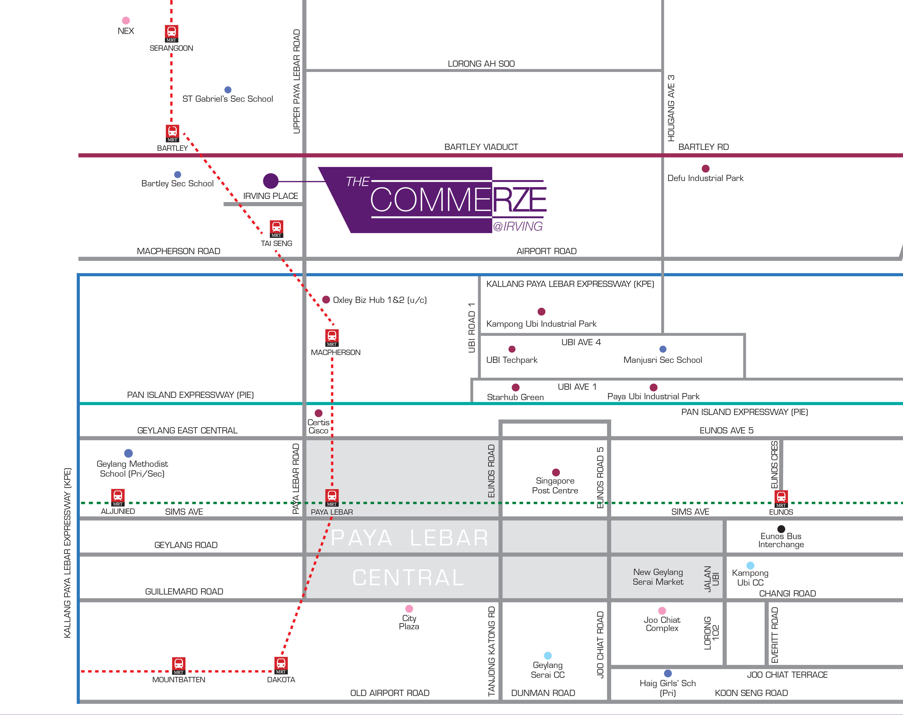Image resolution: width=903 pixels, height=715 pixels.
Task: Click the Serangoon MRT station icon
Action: (x=171, y=33)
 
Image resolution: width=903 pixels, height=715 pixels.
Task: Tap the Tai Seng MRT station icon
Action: (x=276, y=229)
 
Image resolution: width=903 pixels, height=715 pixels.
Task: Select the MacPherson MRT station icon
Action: (x=332, y=337)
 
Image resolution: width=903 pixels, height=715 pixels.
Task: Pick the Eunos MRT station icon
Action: (x=781, y=498)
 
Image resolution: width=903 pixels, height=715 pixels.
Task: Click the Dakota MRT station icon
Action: (x=281, y=665)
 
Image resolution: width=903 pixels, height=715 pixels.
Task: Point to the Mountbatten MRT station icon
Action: (x=179, y=665)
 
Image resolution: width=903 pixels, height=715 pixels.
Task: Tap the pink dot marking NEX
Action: (x=125, y=20)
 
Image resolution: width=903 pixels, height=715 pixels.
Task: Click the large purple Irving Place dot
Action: (x=271, y=181)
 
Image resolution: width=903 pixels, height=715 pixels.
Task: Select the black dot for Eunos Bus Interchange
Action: (x=781, y=529)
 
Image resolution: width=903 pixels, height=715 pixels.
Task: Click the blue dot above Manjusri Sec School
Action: (x=663, y=349)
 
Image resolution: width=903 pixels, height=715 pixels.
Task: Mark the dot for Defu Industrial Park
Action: (x=706, y=168)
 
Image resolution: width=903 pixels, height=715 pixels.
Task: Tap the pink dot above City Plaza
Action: (x=409, y=609)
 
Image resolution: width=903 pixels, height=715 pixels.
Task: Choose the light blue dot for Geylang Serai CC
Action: (x=548, y=656)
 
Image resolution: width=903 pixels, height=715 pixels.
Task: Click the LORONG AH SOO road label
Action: (x=481, y=64)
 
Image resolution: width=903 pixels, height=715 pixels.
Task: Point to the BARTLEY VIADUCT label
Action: (x=481, y=147)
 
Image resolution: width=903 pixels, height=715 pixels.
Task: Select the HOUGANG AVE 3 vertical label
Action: (x=671, y=108)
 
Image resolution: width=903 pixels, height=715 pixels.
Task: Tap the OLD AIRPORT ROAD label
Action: (x=390, y=693)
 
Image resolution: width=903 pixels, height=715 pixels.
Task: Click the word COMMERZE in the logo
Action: (x=458, y=200)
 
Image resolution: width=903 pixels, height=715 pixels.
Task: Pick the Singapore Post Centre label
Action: (x=555, y=486)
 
